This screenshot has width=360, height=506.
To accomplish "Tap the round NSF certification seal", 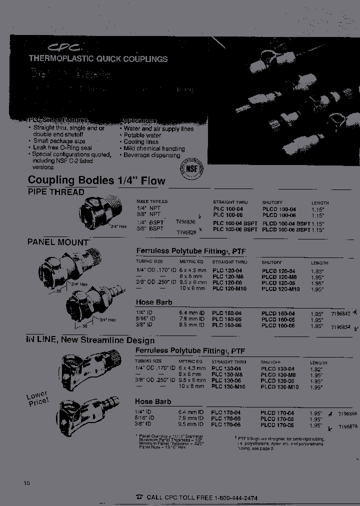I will pos(190,169).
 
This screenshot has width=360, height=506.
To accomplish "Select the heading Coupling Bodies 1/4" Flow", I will pos(96,180).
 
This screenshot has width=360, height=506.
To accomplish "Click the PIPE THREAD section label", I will pos(55,192).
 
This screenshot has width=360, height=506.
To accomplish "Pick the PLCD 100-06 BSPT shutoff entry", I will pos(286,229).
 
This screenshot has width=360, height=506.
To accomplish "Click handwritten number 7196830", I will pos(185,220).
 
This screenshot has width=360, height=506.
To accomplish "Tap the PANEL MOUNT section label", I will pos(58,242).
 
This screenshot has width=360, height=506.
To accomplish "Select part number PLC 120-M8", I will pos(228,276).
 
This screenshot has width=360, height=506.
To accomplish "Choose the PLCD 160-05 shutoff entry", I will pos(278,319).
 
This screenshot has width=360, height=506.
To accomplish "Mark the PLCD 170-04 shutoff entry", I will pos(277,413).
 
